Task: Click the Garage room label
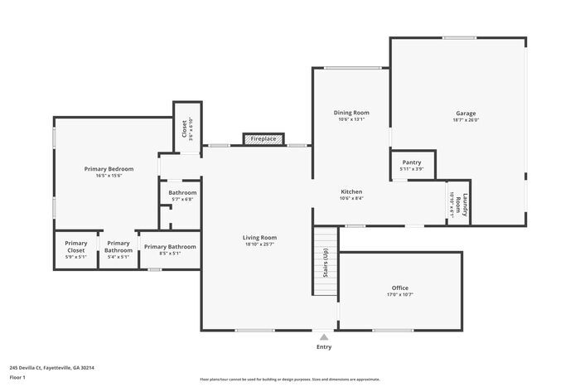(x=465, y=114)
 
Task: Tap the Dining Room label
(x=351, y=113)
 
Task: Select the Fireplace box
(x=263, y=139)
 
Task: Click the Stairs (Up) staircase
(x=325, y=262)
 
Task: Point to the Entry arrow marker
(x=324, y=337)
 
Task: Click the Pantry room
(x=412, y=165)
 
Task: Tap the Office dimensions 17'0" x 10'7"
(x=399, y=295)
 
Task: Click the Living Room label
(x=259, y=238)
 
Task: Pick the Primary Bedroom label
(x=109, y=169)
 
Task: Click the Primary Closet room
(x=76, y=249)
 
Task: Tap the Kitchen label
(x=351, y=191)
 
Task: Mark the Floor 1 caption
(x=17, y=377)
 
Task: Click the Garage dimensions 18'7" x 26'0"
(x=465, y=120)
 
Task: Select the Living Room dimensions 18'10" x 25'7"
(x=259, y=244)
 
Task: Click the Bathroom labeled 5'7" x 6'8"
(x=182, y=196)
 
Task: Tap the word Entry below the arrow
(x=324, y=346)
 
